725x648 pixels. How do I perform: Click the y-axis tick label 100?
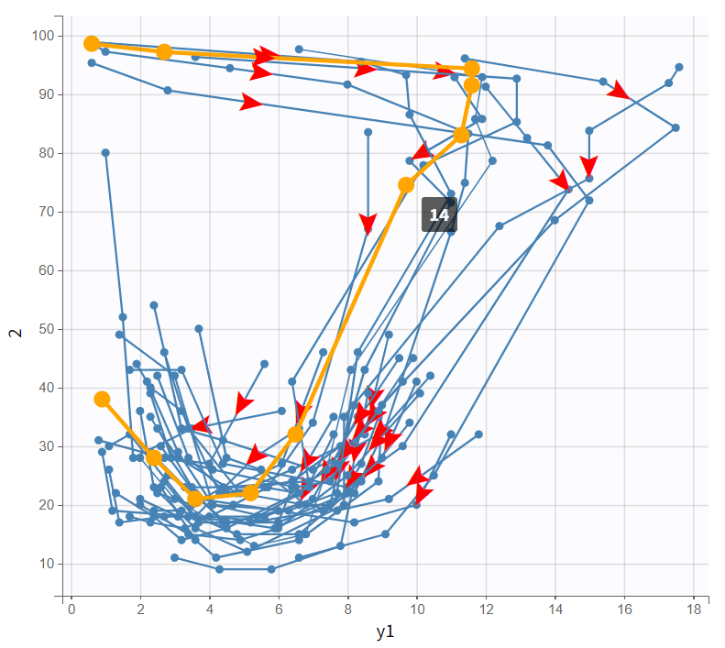[43, 36]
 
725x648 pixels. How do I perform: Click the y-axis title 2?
[15, 332]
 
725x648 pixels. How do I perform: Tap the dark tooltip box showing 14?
[439, 214]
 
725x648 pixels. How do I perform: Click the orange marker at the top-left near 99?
[92, 44]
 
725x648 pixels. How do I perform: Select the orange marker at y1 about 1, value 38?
[102, 399]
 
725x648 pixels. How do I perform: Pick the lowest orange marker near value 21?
[195, 499]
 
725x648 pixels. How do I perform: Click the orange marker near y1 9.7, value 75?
[406, 185]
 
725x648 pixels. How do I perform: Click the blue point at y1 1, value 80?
[105, 153]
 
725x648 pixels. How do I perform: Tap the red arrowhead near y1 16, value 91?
[620, 91]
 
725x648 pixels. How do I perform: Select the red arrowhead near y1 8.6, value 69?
[368, 224]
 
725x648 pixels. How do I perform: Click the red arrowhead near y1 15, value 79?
[589, 166]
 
